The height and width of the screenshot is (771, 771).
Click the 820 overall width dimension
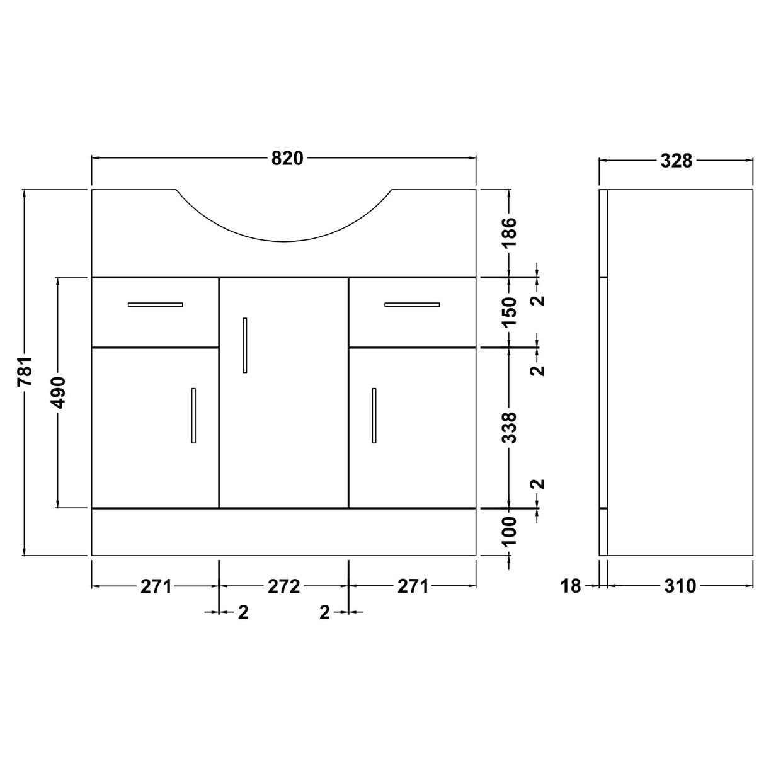click(287, 159)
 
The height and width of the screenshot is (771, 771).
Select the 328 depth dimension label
click(677, 161)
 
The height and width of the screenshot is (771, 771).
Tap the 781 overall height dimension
click(25, 372)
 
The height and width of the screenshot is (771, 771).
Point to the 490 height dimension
click(58, 392)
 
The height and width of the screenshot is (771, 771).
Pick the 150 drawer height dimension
click(510, 311)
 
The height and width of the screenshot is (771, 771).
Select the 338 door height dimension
click(510, 427)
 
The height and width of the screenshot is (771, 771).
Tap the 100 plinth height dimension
click(510, 531)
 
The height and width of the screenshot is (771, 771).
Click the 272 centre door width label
click(283, 586)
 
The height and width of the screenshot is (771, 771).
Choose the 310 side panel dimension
click(680, 586)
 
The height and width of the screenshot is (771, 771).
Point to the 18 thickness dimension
click(570, 586)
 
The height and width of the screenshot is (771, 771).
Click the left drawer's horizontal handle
click(155, 305)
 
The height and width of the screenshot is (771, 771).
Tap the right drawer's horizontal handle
click(412, 305)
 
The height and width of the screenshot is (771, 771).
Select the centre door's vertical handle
click(245, 345)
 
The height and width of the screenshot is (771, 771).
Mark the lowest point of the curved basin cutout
click(284, 241)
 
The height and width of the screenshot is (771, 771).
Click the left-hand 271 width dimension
click(156, 586)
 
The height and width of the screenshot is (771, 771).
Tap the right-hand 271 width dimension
click(413, 586)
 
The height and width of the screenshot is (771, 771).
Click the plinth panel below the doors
click(283, 532)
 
